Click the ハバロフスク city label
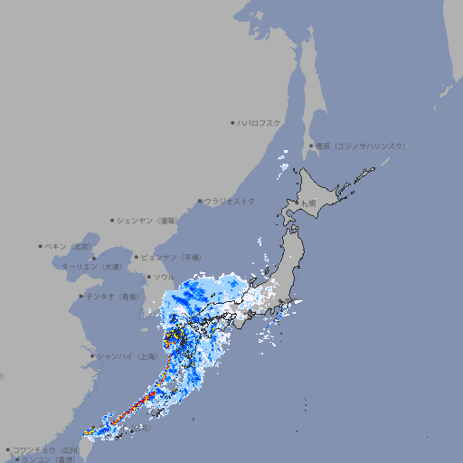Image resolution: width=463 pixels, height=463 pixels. pos(260,122)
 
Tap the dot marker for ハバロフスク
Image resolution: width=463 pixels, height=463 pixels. pos(233,122)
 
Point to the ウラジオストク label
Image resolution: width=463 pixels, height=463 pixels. pos(230,201)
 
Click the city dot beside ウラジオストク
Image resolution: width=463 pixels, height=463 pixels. pos(200,201)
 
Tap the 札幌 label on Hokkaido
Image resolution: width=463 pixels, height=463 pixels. pos(308,203)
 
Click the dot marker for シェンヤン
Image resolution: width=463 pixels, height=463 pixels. pos(112,220)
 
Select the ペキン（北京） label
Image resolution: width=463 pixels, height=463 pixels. pos(69,246)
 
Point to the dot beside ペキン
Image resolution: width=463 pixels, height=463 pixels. pos(41,246)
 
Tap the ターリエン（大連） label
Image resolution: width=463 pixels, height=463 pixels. pos(91,267)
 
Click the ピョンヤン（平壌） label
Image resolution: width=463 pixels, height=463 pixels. pos(172,257)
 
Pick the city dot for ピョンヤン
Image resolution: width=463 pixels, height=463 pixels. pos(137,257)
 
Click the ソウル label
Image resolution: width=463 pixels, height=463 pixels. pos(164,277)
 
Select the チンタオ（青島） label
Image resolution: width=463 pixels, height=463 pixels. pos(112,297)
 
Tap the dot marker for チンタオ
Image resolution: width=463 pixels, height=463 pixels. pos(80,297)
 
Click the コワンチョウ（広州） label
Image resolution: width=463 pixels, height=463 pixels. pos(46,449)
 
